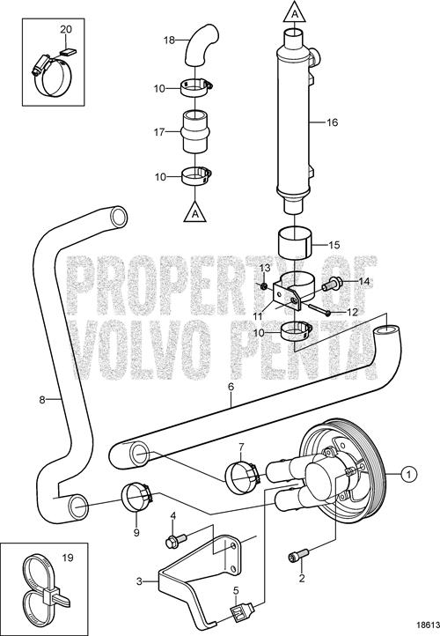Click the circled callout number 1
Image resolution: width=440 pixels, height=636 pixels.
pyautogui.click(x=409, y=474)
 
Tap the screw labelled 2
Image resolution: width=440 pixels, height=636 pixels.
pyautogui.click(x=298, y=555)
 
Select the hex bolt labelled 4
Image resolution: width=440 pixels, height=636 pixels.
pyautogui.click(x=176, y=541)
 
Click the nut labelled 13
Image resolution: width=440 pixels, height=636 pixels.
pyautogui.click(x=264, y=287)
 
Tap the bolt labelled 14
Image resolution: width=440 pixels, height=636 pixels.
pyautogui.click(x=333, y=285)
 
